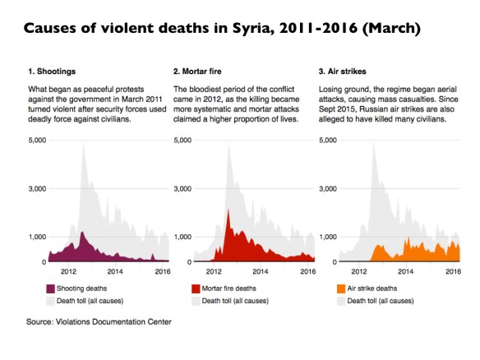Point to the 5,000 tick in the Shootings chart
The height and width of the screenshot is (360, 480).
pyautogui.click(x=35, y=140)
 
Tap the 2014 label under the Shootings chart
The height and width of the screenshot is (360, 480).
pyautogui.click(x=115, y=270)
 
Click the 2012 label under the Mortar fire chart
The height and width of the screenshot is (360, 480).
pyautogui.click(x=214, y=270)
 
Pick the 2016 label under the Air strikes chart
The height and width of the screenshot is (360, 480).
pyautogui.click(x=452, y=270)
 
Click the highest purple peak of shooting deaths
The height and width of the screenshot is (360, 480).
pyautogui.click(x=81, y=233)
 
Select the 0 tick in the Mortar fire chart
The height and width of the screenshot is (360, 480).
pyautogui.click(x=186, y=261)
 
